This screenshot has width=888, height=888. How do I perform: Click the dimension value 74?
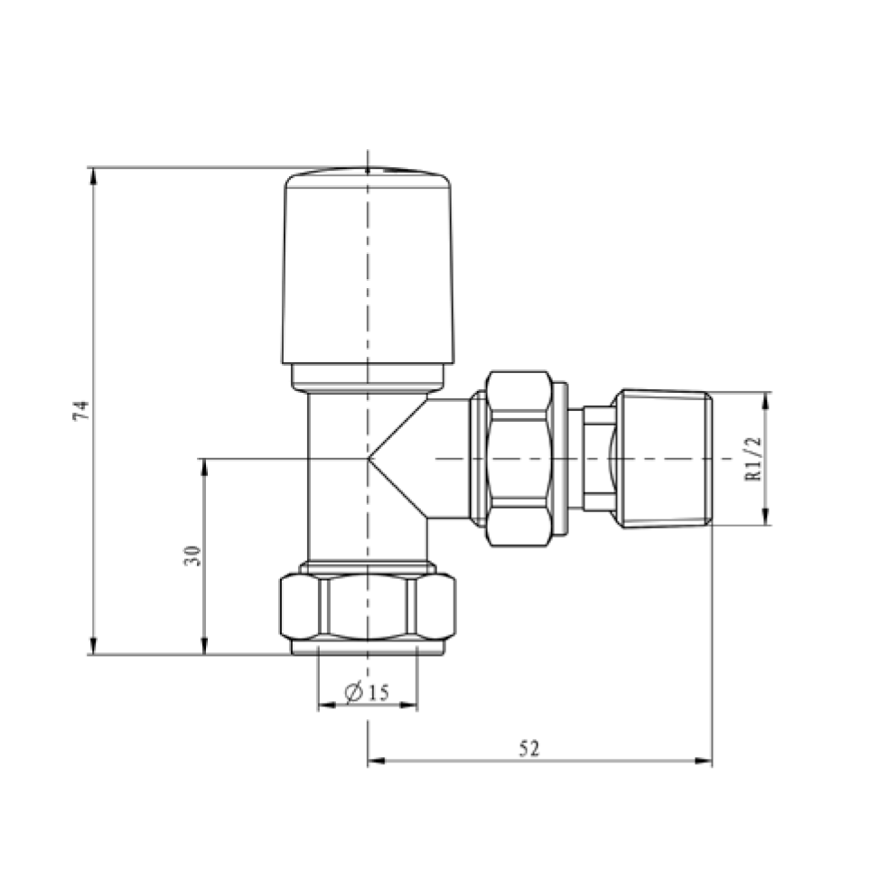pos(80,411)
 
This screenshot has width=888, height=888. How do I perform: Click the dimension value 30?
pos(192,556)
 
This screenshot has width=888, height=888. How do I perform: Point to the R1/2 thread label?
pos(755,459)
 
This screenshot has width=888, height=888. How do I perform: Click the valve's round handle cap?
pos(368,266)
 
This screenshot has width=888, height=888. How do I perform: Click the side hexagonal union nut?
pos(519,459)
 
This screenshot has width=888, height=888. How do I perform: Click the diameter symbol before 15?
pos(354,693)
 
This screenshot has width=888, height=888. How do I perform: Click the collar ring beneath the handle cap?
pos(368,377)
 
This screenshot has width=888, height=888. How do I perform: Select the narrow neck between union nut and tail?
pos(596,459)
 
